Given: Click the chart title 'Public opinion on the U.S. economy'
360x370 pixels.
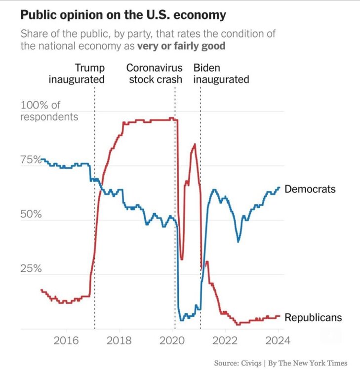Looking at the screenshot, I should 123,15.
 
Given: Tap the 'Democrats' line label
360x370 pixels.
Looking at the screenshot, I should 310,189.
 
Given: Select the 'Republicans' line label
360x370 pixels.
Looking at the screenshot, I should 313,318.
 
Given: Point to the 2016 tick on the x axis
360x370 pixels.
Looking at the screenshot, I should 67,340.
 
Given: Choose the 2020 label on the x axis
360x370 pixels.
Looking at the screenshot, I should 173,340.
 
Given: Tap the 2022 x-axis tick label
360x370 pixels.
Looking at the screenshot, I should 226,340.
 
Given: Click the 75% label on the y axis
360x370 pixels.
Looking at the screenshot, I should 30,160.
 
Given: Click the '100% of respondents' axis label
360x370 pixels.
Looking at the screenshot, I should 49,111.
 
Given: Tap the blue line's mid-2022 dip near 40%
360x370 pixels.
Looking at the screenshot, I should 239,241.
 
